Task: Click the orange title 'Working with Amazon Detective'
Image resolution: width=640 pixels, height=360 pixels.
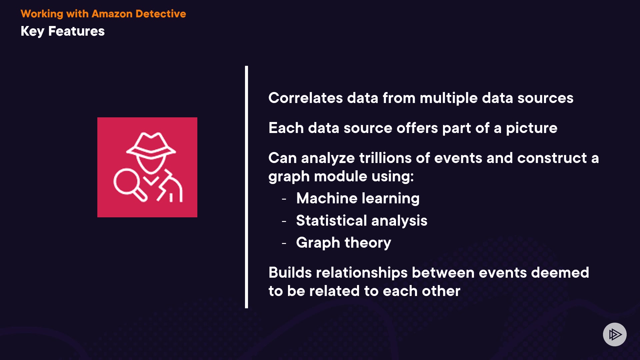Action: coord(103,14)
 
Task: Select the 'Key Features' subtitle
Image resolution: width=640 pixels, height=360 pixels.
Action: coord(63,31)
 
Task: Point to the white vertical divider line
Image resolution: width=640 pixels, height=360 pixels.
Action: coord(246,187)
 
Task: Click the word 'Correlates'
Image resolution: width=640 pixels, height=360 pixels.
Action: coord(306,98)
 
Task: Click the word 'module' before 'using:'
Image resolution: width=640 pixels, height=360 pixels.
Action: coord(341,176)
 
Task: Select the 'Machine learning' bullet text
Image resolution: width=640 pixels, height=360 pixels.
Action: coord(358,199)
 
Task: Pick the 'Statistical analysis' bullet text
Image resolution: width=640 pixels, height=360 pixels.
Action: coord(362,221)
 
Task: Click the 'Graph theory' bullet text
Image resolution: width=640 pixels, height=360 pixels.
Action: coord(344,243)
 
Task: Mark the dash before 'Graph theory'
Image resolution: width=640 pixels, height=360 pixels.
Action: coord(284,243)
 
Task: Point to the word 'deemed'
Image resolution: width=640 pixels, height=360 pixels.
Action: coord(560,273)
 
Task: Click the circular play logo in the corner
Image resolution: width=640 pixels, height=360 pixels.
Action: coord(615,334)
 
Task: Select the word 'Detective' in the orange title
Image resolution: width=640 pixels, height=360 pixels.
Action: coord(161,14)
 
